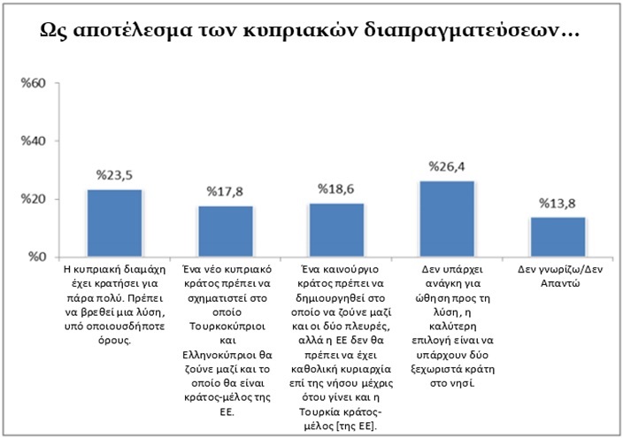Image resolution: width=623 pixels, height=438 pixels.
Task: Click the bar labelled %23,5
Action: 114,224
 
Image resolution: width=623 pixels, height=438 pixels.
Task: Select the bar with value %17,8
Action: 226,232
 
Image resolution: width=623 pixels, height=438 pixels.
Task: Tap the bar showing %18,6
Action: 337,231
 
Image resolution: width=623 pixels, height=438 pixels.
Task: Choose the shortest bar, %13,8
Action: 559,237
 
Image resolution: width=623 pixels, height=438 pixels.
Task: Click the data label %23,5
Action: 114,175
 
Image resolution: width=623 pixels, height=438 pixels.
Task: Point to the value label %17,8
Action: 226,191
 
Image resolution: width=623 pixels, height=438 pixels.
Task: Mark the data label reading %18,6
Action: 337,189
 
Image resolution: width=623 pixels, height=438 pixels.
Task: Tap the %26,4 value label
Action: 448,166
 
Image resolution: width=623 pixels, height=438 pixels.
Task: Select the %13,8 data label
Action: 559,204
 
